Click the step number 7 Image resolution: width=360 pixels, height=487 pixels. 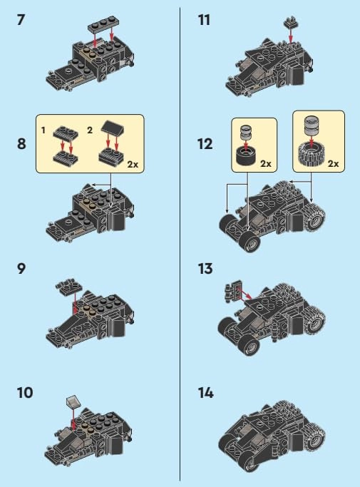coord(21,20)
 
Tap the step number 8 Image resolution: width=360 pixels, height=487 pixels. coord(21,144)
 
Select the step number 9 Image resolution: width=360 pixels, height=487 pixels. coord(21,269)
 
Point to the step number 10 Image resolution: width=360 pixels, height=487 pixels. coord(25,393)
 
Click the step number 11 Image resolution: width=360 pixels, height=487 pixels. coord(204,20)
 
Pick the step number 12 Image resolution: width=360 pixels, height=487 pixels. coord(205,144)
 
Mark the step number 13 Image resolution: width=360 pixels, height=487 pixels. coord(205,269)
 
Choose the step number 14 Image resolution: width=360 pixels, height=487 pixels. coord(206,393)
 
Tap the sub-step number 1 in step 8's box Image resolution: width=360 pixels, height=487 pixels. coord(43,130)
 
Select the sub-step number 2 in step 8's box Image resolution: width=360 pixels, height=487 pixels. coord(90,130)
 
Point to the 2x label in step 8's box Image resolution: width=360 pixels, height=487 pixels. coord(133,164)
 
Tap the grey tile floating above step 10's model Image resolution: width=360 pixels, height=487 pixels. coord(73,401)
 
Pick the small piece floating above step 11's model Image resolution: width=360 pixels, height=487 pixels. coord(291,22)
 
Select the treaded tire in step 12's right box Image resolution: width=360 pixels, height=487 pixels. coord(312,153)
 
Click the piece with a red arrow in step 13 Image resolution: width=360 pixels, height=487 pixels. coord(234,290)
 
